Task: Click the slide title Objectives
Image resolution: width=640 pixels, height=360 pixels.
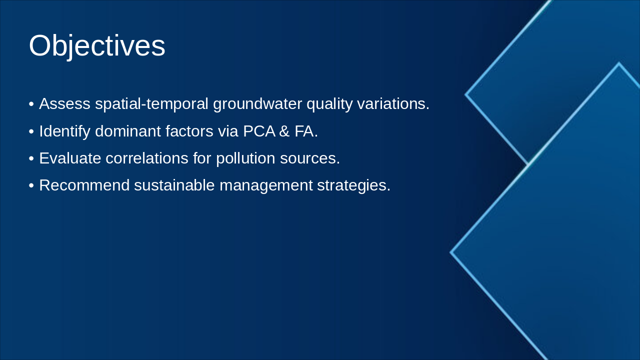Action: pyautogui.click(x=97, y=46)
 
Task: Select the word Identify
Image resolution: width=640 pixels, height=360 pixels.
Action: pyautogui.click(x=64, y=131)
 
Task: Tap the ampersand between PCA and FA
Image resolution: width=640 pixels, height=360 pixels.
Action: pyautogui.click(x=284, y=131)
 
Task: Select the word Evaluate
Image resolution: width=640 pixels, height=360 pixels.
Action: pyautogui.click(x=69, y=158)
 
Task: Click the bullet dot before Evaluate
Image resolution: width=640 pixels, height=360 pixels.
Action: pyautogui.click(x=31, y=159)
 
